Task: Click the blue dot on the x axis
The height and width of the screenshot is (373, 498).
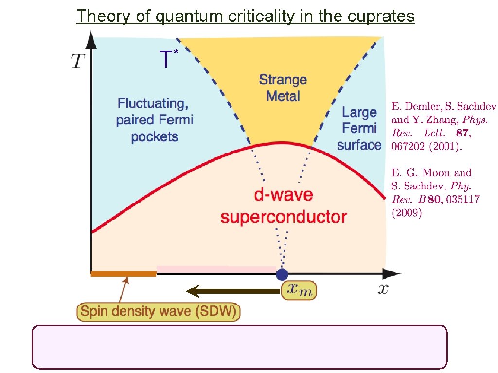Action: (x=282, y=274)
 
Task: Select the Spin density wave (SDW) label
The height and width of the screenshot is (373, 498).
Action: (x=159, y=311)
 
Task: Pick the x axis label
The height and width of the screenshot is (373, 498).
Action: (x=383, y=289)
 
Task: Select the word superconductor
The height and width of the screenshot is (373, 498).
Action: (x=284, y=217)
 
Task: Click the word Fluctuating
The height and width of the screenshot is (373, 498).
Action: (x=153, y=103)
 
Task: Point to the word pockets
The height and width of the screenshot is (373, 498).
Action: (x=154, y=136)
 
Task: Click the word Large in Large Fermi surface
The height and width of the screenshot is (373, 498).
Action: (x=359, y=112)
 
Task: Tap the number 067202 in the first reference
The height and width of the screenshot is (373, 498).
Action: (x=409, y=146)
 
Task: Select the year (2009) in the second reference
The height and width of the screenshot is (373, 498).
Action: (x=407, y=213)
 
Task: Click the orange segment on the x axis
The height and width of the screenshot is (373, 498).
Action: (x=124, y=274)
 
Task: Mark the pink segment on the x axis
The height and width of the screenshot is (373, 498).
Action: (x=217, y=269)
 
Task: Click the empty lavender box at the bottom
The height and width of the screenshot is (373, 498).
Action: (x=239, y=347)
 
